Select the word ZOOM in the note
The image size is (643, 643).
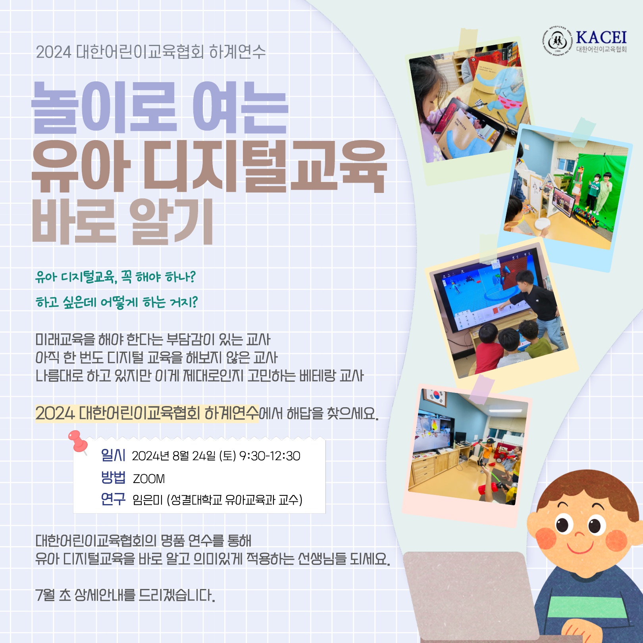pyautogui.click(x=149, y=479)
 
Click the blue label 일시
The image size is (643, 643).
pyautogui.click(x=113, y=455)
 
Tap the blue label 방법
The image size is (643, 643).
pyautogui.click(x=113, y=477)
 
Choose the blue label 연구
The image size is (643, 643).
pyautogui.click(x=113, y=499)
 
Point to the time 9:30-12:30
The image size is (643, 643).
pyautogui.click(x=270, y=456)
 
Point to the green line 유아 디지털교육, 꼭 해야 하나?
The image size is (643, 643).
pyautogui.click(x=116, y=277)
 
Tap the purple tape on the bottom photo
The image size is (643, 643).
pyautogui.click(x=481, y=389)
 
